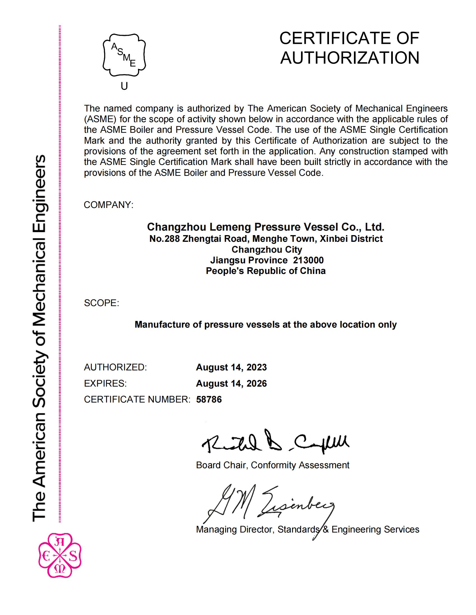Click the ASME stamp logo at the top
tap(124, 55)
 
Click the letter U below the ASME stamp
tap(124, 86)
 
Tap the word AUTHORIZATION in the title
tap(350, 58)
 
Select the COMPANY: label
tap(109, 205)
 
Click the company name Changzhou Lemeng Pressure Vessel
tap(266, 227)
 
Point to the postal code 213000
tap(308, 260)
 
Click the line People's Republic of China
tap(266, 271)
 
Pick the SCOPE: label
tap(102, 303)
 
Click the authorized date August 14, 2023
tap(231, 367)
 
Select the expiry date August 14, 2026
tap(231, 384)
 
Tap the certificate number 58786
tap(209, 399)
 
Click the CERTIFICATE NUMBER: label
tap(137, 399)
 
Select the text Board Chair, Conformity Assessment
tap(272, 465)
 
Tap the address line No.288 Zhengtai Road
tap(266, 239)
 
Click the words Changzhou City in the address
tap(267, 249)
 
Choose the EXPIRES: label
tap(106, 384)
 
